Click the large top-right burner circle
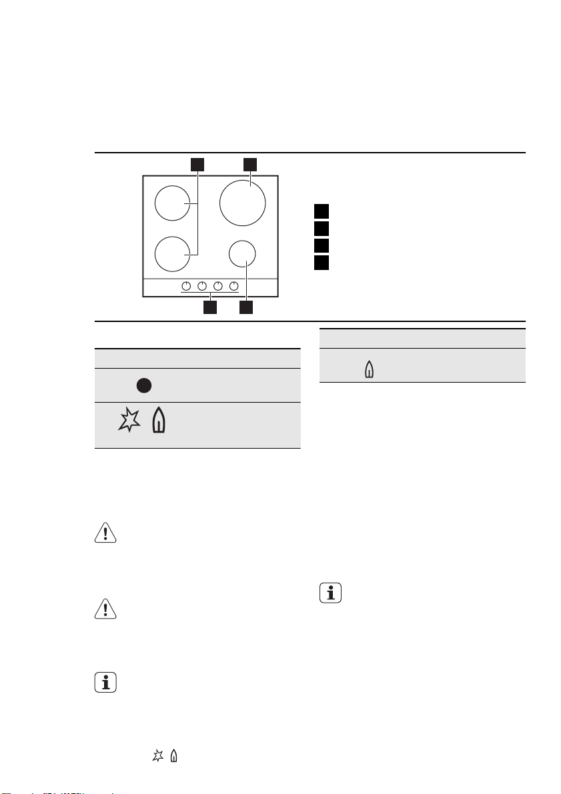pos(243,202)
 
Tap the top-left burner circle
pos(173,203)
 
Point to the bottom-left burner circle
pos(173,254)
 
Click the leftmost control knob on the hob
pos(186,287)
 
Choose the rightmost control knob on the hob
pos(234,287)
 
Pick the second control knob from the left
pos(202,287)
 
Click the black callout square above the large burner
pos(249,163)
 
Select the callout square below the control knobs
pos(210,308)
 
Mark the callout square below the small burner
pos(247,308)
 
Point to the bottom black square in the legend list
pos(322,261)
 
